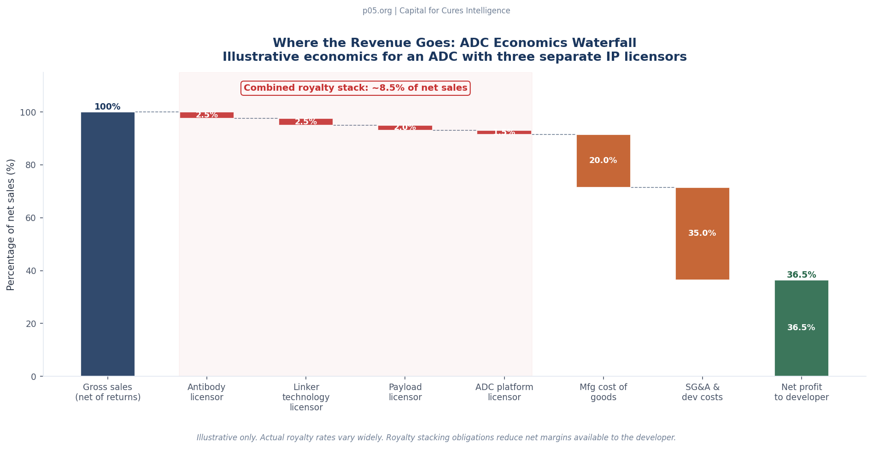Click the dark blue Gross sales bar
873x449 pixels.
pyautogui.click(x=107, y=244)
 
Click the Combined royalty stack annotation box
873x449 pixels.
pyautogui.click(x=355, y=88)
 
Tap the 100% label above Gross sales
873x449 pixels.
pyautogui.click(x=107, y=107)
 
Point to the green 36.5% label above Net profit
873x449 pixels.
pyautogui.click(x=801, y=275)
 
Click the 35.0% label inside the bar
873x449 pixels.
pyautogui.click(x=702, y=233)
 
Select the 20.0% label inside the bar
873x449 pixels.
pyautogui.click(x=603, y=160)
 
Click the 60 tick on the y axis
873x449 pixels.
pyautogui.click(x=30, y=218)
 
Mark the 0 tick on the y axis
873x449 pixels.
pyautogui.click(x=33, y=377)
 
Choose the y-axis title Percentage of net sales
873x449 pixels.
pyautogui.click(x=11, y=224)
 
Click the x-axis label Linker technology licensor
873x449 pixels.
pyautogui.click(x=306, y=397)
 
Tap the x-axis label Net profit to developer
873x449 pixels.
pyautogui.click(x=801, y=392)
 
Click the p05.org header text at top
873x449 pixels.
pyautogui.click(x=436, y=11)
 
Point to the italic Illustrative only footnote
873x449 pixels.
pyautogui.click(x=436, y=437)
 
